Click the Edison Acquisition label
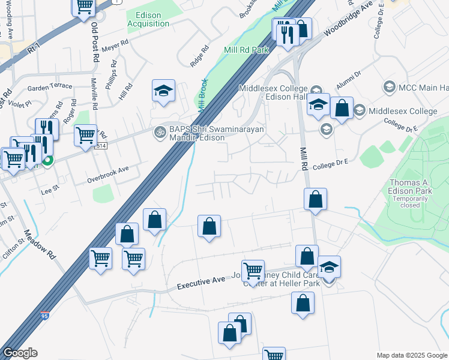tap(148, 19)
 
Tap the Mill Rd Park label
tap(246, 50)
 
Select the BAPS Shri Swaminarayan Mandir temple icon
tap(160, 131)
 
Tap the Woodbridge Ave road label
tap(348, 20)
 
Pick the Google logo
tap(20, 353)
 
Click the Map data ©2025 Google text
tap(412, 355)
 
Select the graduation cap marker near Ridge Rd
tap(163, 91)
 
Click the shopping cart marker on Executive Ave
tap(253, 271)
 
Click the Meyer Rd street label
tap(116, 44)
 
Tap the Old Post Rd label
tap(95, 41)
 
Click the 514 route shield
tap(101, 146)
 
